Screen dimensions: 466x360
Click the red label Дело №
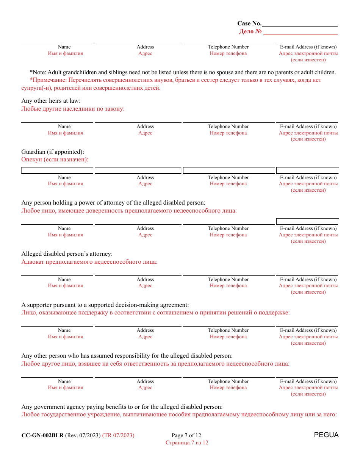point(250,31)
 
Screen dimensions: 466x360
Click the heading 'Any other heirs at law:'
point(51,101)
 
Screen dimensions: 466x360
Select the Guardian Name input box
point(57,170)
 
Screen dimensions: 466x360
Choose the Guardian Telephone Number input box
point(229,170)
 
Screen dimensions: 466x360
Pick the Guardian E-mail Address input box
point(307,170)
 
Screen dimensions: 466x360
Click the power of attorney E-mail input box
point(307,221)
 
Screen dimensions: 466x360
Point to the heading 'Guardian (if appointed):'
point(53,152)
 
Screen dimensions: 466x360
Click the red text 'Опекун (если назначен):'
point(55,160)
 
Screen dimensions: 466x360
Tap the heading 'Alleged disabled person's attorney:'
point(67,254)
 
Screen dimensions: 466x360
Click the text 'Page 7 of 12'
point(186,435)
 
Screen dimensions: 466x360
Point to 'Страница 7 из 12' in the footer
point(187,443)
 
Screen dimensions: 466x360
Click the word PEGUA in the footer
point(326,435)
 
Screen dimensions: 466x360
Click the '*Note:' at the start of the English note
point(37,72)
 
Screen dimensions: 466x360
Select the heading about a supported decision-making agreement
point(105,305)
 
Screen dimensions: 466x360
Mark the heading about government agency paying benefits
point(122,407)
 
